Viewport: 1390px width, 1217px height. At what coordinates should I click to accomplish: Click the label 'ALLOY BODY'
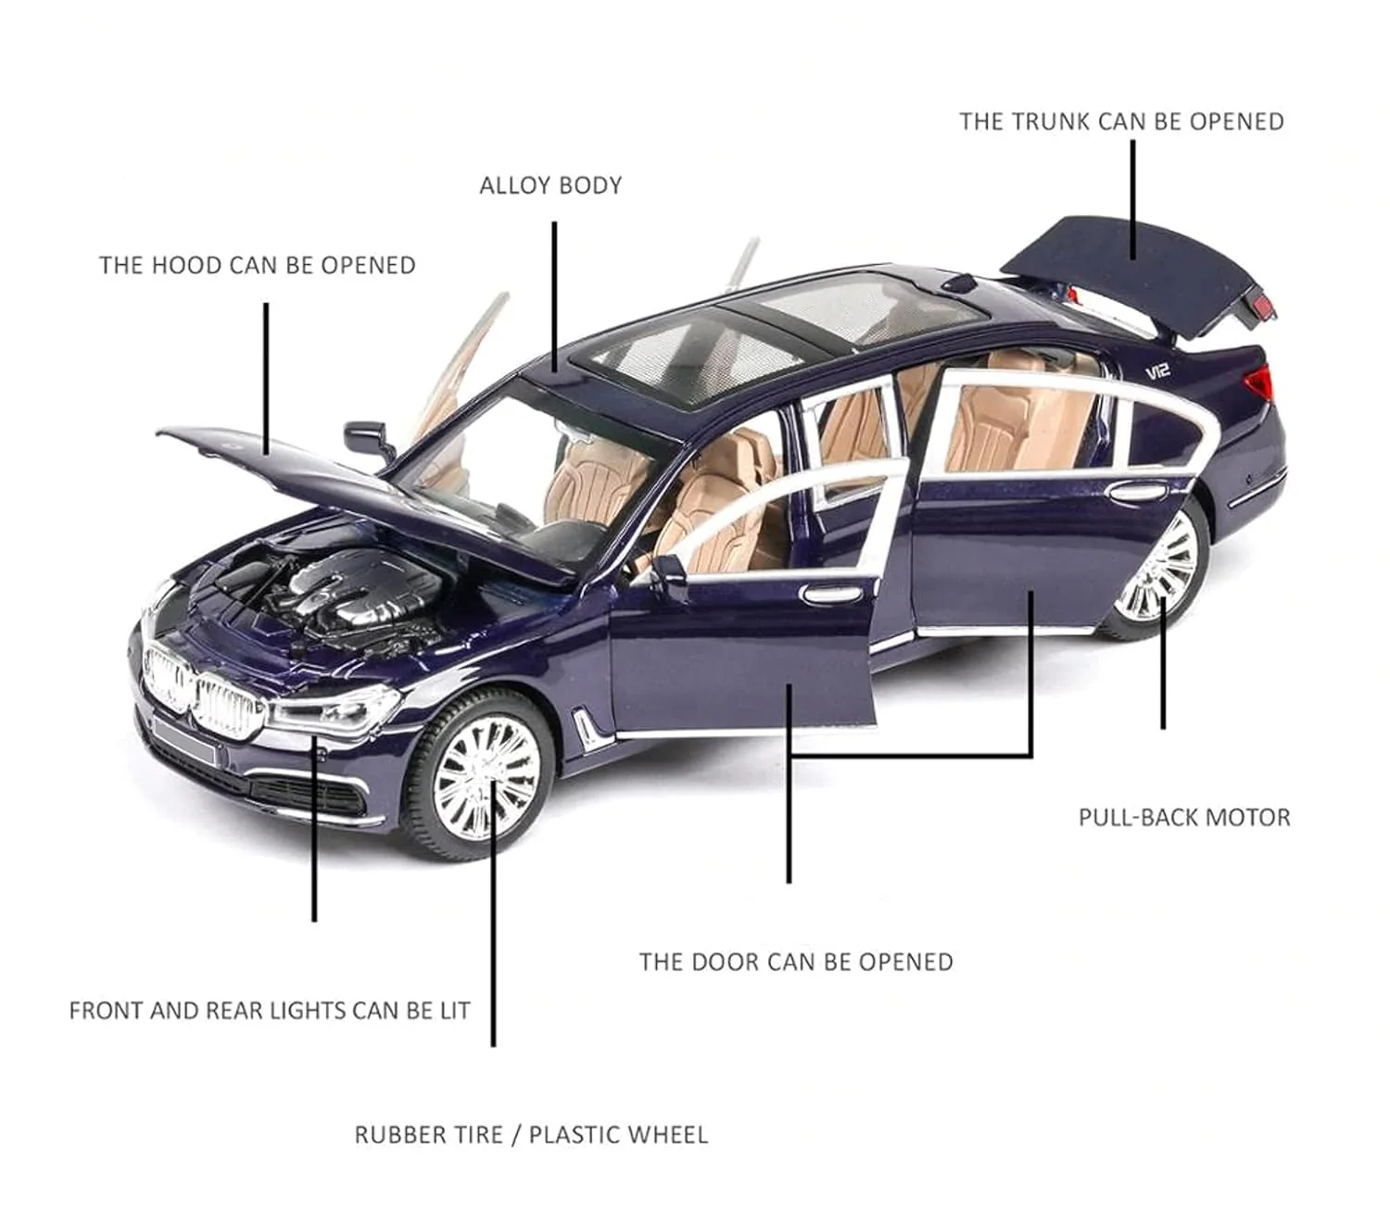tap(550, 185)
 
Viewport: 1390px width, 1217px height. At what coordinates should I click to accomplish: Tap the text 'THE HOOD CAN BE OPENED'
tap(258, 265)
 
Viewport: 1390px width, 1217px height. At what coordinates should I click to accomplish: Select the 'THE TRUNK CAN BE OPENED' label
tap(1121, 121)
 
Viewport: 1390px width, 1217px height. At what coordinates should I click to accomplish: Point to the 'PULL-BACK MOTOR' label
tap(1184, 817)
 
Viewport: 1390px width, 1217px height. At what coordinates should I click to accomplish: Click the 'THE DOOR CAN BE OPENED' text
tap(796, 962)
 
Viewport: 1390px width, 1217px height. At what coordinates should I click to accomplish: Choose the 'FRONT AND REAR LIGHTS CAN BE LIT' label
tap(270, 1010)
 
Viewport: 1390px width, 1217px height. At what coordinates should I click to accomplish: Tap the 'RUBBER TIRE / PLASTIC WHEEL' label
tap(531, 1135)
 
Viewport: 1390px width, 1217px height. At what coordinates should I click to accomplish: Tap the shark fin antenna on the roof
tap(958, 282)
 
